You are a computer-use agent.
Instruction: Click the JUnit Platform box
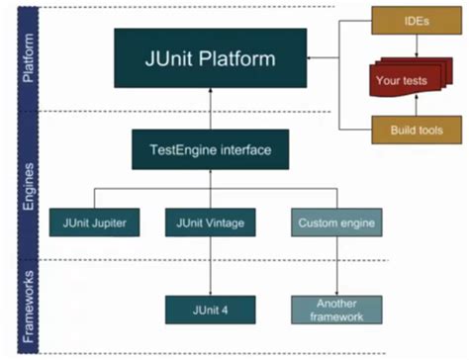point(209,59)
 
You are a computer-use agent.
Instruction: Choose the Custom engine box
point(336,223)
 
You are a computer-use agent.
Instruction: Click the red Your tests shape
point(401,79)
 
